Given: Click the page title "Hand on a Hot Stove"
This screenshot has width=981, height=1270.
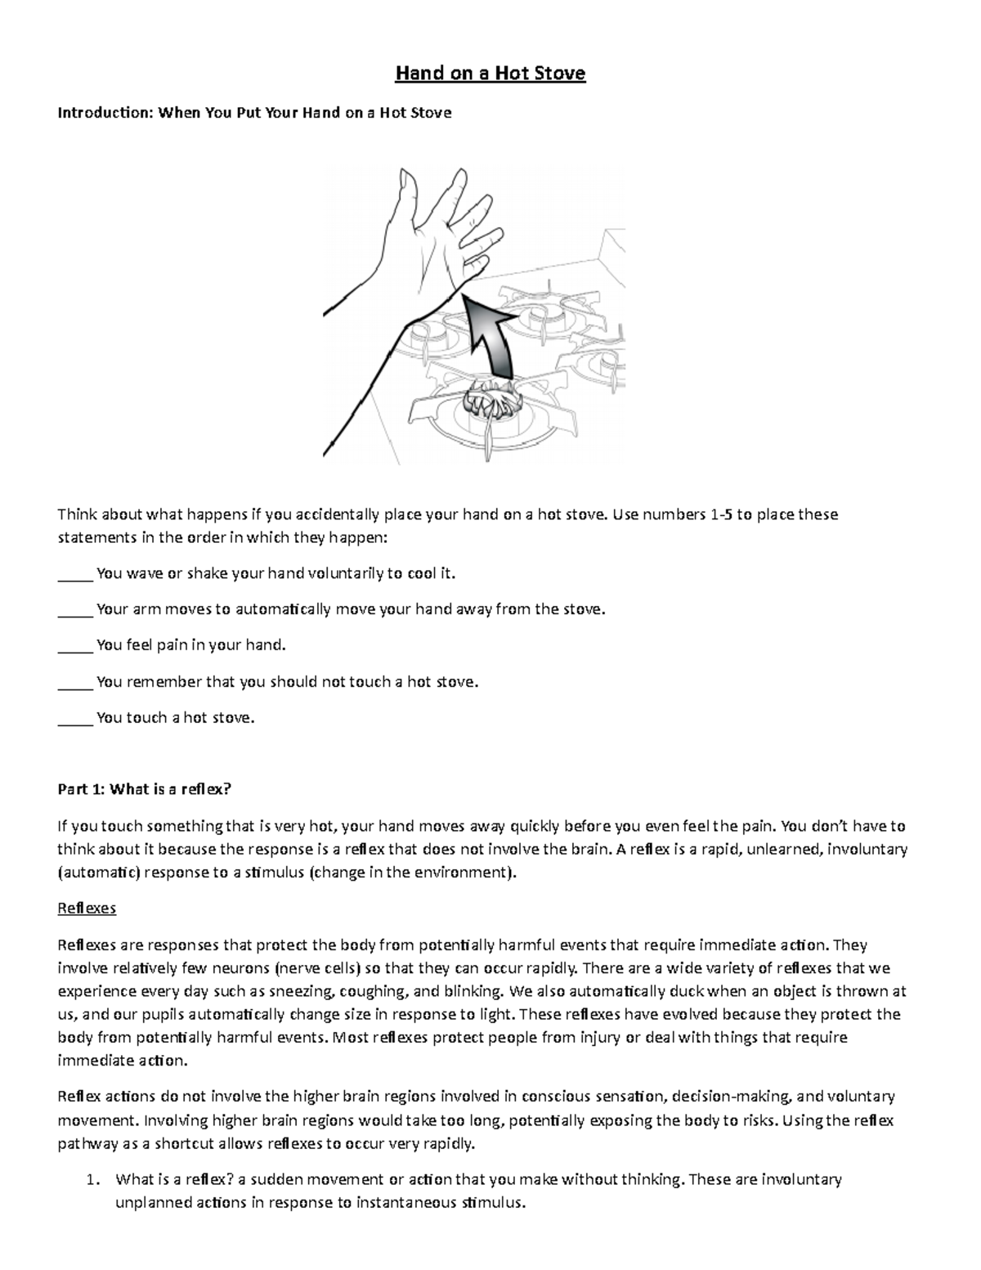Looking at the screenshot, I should (490, 74).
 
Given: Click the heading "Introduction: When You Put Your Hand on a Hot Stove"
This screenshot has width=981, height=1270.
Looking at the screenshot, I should (253, 113).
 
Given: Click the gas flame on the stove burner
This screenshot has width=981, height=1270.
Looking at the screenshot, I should (488, 402).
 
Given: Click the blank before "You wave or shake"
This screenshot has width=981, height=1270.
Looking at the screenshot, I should (75, 574).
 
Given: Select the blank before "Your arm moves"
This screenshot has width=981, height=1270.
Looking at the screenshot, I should (75, 610).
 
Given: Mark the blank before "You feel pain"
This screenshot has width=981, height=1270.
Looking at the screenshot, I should (75, 646).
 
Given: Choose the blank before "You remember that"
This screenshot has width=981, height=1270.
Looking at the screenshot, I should (75, 682).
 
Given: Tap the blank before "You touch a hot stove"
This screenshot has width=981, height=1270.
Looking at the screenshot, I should (75, 719).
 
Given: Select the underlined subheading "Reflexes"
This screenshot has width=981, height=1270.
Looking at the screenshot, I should (87, 909).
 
